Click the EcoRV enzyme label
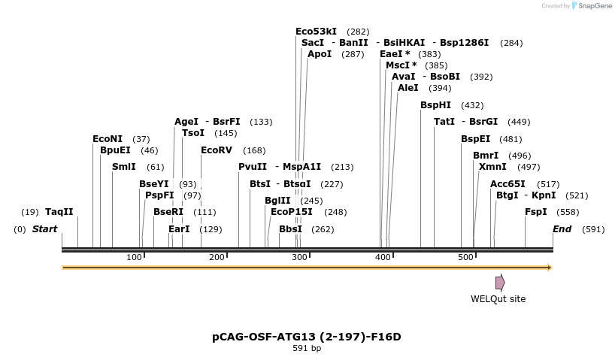[x=217, y=150]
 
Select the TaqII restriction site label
[x=59, y=212]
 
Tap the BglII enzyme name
[x=277, y=201]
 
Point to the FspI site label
[x=536, y=212]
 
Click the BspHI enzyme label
[x=435, y=105]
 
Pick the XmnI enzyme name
[x=492, y=167]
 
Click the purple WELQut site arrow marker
[x=500, y=283]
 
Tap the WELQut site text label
[x=498, y=299]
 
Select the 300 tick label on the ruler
[x=299, y=258]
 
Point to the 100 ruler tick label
[x=134, y=258]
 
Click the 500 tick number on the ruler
[x=465, y=258]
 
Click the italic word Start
[x=44, y=229]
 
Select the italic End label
[x=562, y=229]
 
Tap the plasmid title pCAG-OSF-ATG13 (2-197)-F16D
[x=307, y=337]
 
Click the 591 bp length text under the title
[x=307, y=349]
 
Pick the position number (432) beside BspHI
[x=472, y=105]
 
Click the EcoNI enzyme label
[x=108, y=139]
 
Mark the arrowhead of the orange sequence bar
[x=550, y=268]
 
